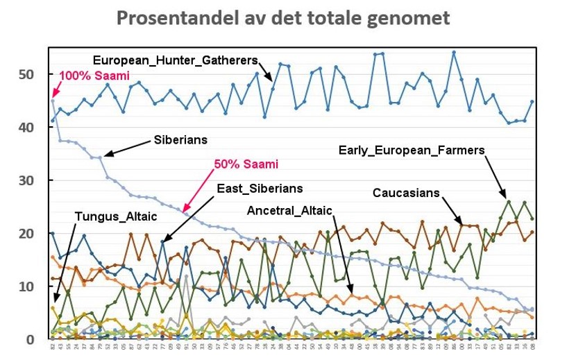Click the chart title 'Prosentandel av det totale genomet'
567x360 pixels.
pyautogui.click(x=282, y=18)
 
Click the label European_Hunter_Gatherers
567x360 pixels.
pyautogui.click(x=175, y=60)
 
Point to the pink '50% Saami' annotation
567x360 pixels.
pyautogui.click(x=246, y=164)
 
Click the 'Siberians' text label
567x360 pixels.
pyautogui.click(x=180, y=139)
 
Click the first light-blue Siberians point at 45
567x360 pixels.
pyautogui.click(x=53, y=101)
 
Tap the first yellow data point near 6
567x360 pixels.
pyautogui.click(x=53, y=307)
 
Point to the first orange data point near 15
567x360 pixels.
pyautogui.click(x=53, y=257)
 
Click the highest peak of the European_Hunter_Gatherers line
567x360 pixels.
pyautogui.click(x=454, y=52)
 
